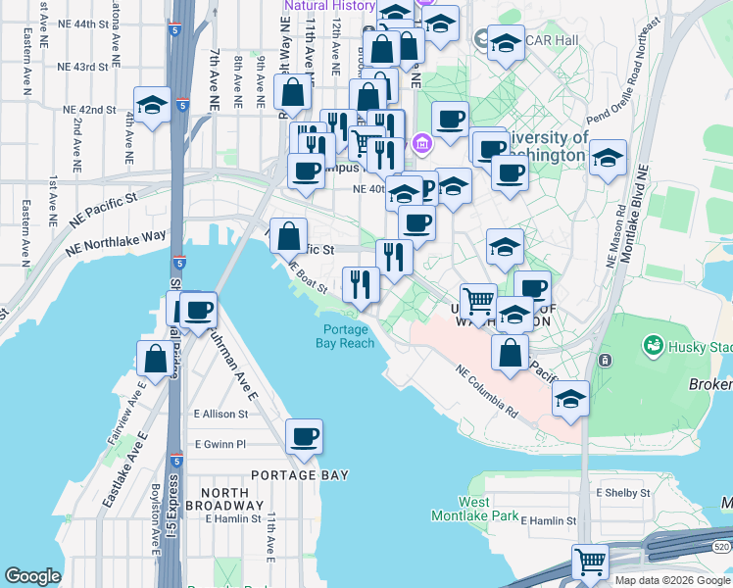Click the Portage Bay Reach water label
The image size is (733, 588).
pyautogui.click(x=345, y=336)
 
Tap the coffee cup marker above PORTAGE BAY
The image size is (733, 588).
pyautogui.click(x=304, y=437)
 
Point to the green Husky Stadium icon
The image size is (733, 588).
pyautogui.click(x=652, y=345)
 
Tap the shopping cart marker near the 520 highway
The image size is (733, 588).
pyautogui.click(x=590, y=563)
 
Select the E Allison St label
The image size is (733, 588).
pyautogui.click(x=221, y=415)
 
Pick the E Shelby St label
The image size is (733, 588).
pyautogui.click(x=623, y=492)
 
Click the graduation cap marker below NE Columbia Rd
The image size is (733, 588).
pyautogui.click(x=570, y=398)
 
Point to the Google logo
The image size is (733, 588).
pyautogui.click(x=32, y=576)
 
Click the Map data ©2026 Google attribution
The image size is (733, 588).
pyautogui.click(x=672, y=580)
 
